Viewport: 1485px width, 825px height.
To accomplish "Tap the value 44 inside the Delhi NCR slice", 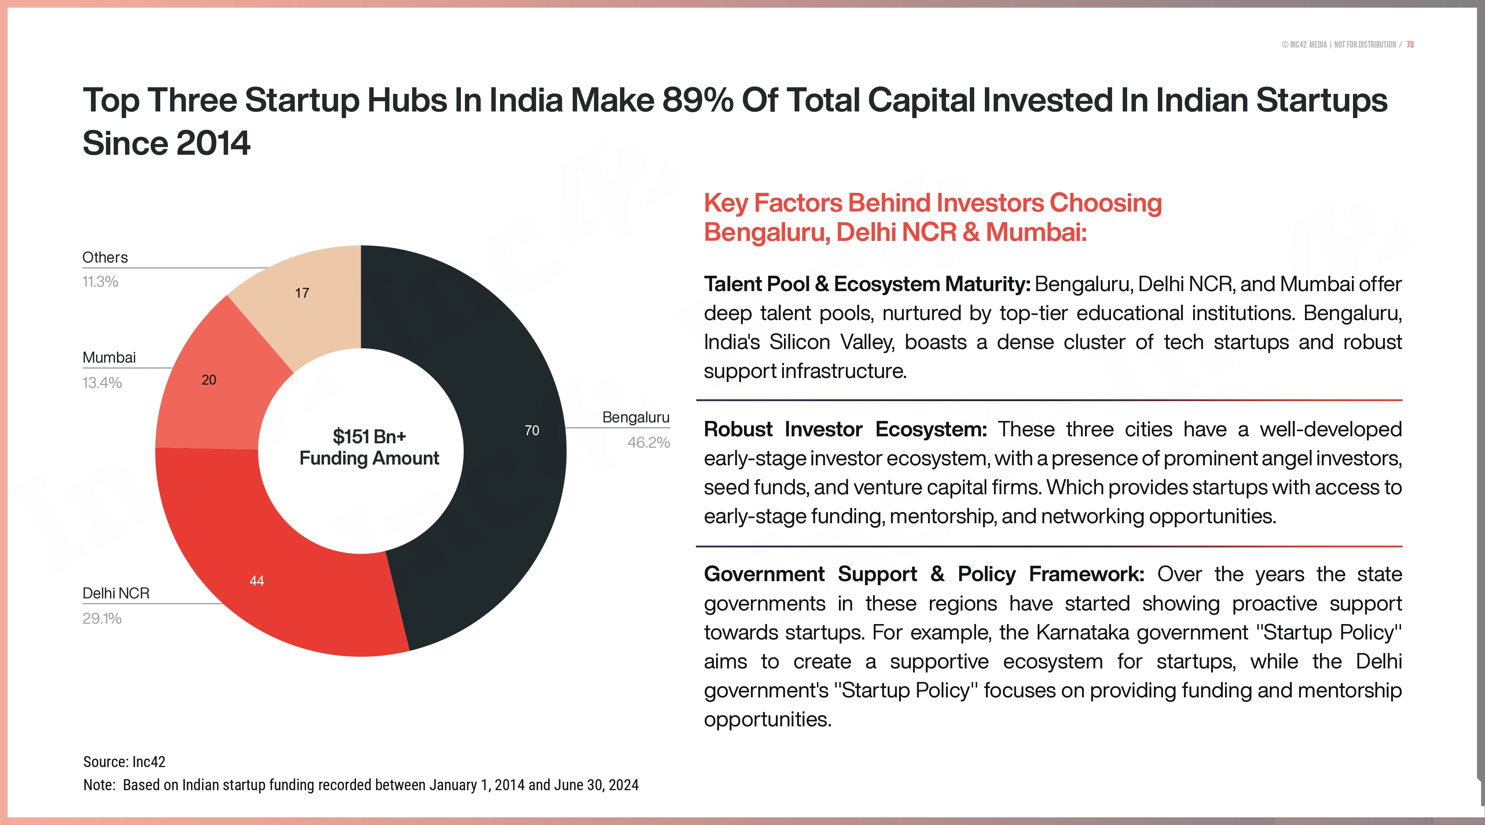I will click(257, 580).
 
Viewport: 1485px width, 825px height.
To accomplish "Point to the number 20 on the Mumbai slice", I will click(209, 380).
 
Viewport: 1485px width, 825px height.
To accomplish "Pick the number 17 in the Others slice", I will click(302, 293).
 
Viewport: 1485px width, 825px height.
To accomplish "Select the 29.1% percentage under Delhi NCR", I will click(102, 619).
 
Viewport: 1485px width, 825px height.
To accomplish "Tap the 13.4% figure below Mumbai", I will click(102, 383).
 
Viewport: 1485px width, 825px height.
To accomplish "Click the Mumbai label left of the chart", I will click(109, 357).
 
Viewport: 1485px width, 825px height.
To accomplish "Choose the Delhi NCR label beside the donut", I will click(116, 593).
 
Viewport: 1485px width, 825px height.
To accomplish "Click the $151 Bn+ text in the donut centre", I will click(369, 436).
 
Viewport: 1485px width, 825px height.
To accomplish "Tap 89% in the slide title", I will click(697, 100).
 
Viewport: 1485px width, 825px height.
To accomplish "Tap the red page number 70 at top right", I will click(1410, 44).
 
